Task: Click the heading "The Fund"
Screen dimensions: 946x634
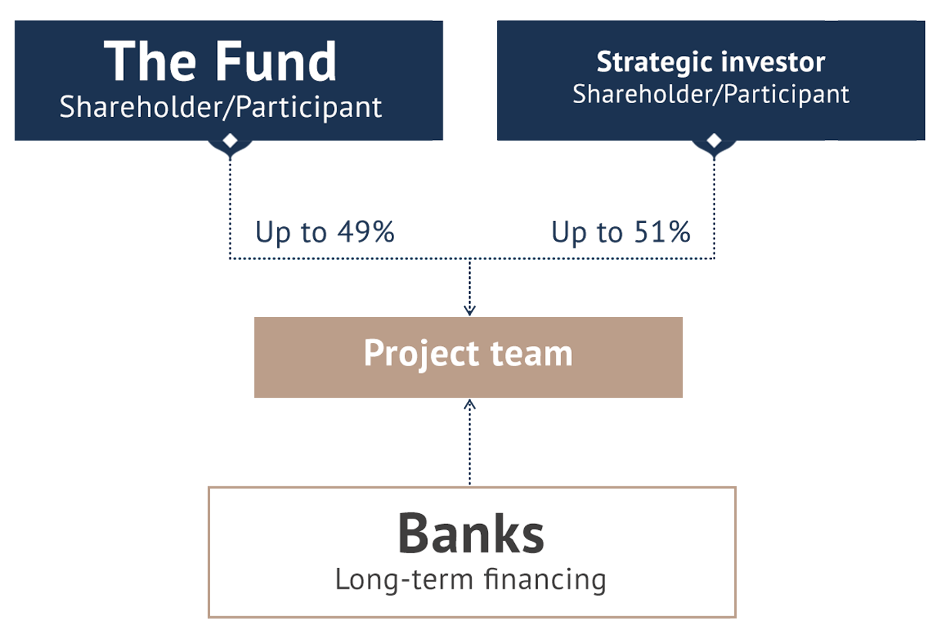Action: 220,61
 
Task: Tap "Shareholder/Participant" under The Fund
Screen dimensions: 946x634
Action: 221,107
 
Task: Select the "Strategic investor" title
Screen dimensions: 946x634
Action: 710,62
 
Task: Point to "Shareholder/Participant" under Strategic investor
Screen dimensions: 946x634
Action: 710,94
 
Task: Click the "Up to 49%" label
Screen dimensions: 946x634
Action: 325,232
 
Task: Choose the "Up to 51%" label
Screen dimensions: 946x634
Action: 621,232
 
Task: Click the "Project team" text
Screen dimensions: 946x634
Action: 468,354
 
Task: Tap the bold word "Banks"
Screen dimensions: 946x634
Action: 471,533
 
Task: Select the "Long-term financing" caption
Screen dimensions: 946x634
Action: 470,579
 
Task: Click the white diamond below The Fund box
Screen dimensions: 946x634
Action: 230,141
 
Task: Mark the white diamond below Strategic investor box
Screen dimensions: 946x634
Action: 714,141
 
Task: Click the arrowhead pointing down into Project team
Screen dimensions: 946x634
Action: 470,310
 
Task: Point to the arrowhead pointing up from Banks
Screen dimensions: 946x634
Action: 470,405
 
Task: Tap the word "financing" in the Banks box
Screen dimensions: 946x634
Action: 545,579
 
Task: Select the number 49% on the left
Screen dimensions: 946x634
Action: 366,232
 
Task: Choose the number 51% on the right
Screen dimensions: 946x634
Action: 662,232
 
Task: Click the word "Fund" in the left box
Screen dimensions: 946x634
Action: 276,61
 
